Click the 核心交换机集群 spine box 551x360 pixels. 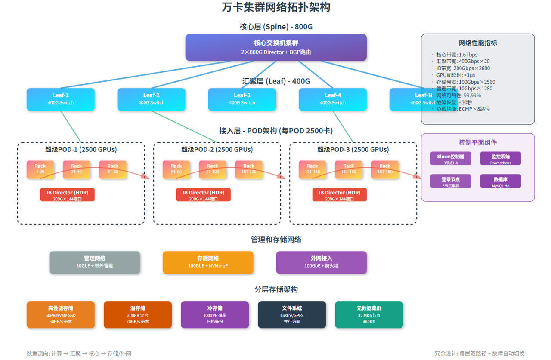[276, 47]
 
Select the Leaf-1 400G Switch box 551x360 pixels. [60, 99]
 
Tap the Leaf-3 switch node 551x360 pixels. [242, 99]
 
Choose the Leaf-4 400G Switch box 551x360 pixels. [332, 99]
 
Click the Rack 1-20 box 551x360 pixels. [40, 169]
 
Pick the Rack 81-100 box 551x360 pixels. [213, 169]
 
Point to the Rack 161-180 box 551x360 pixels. [385, 169]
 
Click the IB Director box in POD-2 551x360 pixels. [203, 195]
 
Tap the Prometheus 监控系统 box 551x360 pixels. [500, 159]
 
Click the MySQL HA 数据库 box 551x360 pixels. [500, 181]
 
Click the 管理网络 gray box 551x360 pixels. [95, 262]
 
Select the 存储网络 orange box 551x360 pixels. [208, 262]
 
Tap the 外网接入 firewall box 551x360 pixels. [321, 262]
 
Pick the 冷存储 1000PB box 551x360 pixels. [214, 314]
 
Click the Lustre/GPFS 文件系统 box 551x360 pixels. [292, 314]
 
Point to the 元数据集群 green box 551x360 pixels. [369, 314]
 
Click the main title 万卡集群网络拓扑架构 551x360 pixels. [276, 7]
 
